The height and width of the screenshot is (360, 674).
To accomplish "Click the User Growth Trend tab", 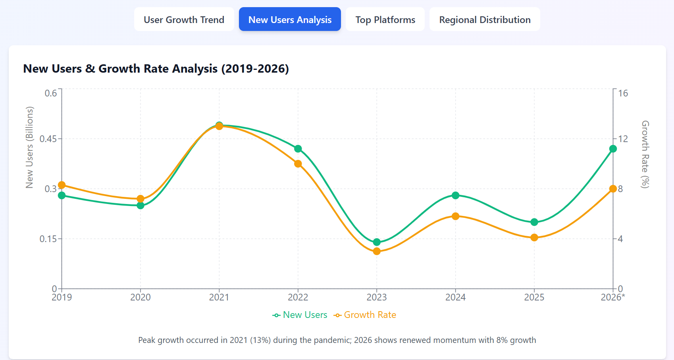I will click(184, 19).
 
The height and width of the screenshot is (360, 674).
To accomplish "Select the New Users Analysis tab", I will click(290, 19).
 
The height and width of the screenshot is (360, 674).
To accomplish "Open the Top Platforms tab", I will click(385, 19).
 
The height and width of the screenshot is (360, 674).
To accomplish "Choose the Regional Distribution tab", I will click(485, 19).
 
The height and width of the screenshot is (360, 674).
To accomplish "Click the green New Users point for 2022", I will click(298, 149).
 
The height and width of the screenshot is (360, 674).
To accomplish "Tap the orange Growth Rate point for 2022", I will click(298, 164).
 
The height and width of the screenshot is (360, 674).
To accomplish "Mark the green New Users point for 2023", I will click(377, 242).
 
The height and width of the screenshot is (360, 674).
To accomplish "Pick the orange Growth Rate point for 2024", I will click(455, 216).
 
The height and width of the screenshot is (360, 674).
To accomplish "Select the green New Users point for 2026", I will click(613, 149).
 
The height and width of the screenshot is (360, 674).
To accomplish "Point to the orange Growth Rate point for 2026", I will click(613, 189).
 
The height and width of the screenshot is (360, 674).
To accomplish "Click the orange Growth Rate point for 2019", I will click(62, 185).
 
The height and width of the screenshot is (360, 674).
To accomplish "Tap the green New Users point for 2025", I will click(534, 222).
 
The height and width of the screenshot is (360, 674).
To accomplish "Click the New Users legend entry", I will click(300, 315).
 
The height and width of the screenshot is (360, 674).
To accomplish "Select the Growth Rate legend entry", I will click(365, 315).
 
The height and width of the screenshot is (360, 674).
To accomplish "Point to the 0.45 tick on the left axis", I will click(48, 139).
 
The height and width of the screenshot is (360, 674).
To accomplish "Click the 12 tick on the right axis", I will click(623, 139).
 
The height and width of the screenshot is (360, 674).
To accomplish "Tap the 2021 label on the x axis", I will click(219, 297).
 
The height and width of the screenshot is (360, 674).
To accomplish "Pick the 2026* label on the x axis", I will click(612, 297).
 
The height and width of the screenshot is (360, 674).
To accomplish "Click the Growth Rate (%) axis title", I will click(645, 154).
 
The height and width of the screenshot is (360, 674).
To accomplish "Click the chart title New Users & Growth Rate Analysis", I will click(156, 69).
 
